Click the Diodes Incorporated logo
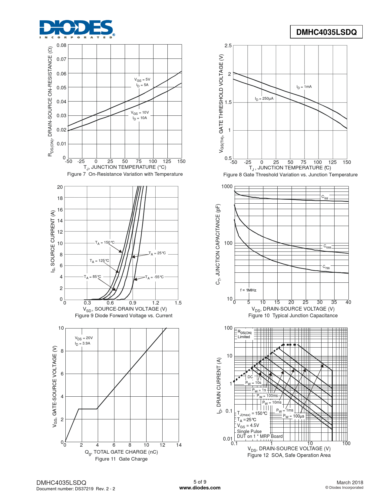click(x=77, y=29)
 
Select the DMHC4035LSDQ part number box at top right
click(x=326, y=32)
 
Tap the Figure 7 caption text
click(x=125, y=174)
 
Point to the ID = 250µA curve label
click(x=264, y=99)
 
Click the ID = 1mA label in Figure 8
click(x=304, y=87)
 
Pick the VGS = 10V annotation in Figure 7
click(x=140, y=113)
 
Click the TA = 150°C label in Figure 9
click(x=105, y=243)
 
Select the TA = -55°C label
click(x=154, y=277)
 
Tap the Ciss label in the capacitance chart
click(x=325, y=197)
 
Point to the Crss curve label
click(x=326, y=267)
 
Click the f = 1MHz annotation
click(x=248, y=290)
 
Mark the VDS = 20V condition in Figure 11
click(x=84, y=338)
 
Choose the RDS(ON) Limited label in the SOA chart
click(x=244, y=335)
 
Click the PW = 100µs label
click(x=294, y=416)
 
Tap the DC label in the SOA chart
click(x=250, y=377)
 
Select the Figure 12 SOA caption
click(x=289, y=455)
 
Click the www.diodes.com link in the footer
click(x=200, y=488)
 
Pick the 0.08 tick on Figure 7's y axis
click(x=61, y=45)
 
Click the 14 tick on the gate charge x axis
click(x=179, y=445)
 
